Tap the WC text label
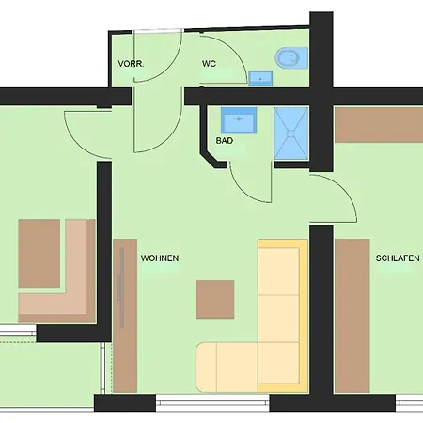point(210,64)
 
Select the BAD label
point(225,141)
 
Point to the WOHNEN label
point(160,258)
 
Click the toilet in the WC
point(288,60)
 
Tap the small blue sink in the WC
point(260,79)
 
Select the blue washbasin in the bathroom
point(241,120)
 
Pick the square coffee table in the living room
point(215,300)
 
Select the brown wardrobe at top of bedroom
point(378,124)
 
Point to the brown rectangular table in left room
point(39,253)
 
